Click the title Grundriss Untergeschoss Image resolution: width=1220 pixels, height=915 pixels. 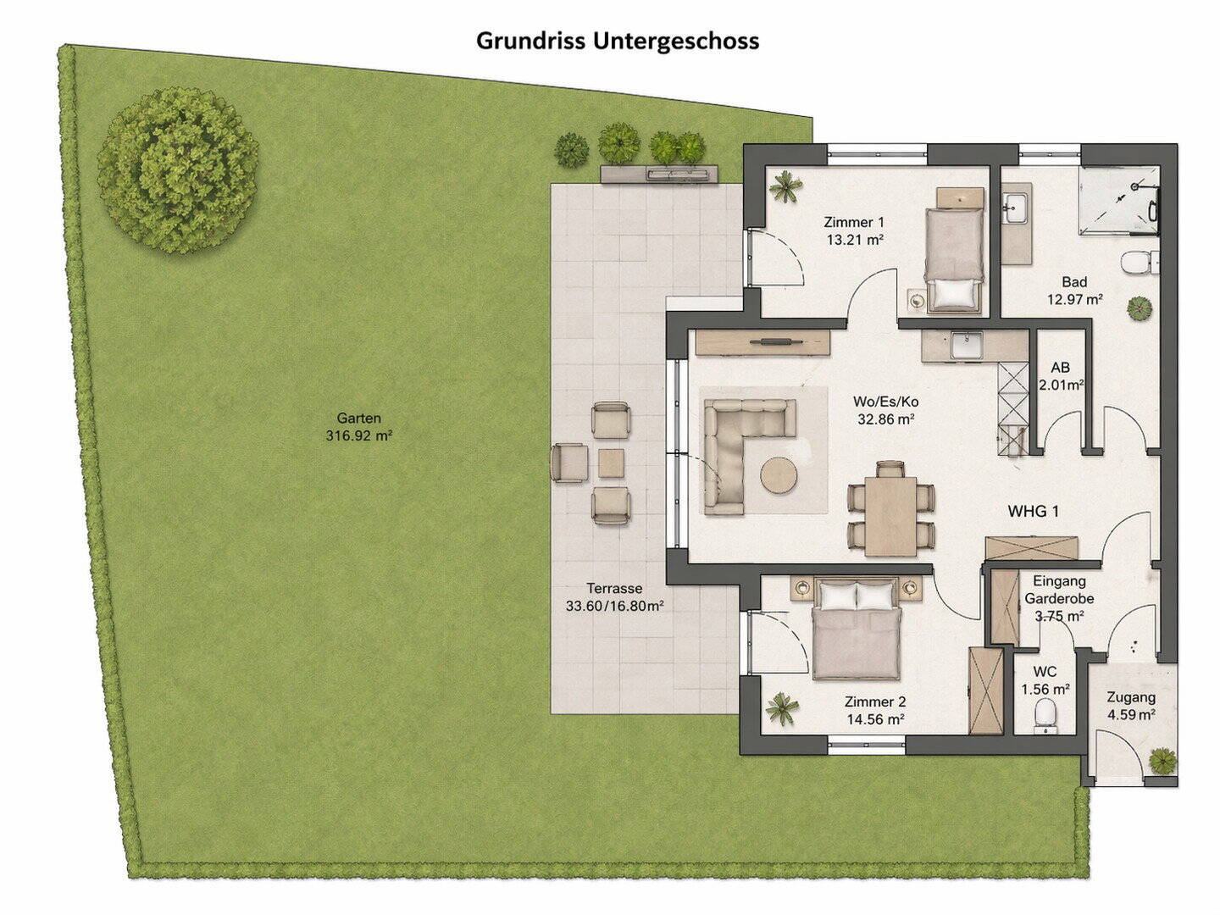(618, 42)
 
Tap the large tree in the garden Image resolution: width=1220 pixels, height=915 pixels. (178, 169)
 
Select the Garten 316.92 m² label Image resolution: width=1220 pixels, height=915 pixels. (359, 427)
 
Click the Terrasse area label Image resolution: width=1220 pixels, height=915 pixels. (615, 596)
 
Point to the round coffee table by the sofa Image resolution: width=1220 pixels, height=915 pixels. (779, 475)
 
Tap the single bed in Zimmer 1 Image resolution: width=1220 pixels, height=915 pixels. (953, 259)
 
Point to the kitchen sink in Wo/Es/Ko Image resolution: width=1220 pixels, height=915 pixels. (966, 345)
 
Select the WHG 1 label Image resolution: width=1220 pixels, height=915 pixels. (1033, 511)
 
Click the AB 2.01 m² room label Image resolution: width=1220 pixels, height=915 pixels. (1061, 375)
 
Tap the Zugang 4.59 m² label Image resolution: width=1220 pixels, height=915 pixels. (1131, 706)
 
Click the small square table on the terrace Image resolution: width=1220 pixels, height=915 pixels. (611, 463)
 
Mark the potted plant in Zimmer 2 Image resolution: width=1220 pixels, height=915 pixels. (782, 708)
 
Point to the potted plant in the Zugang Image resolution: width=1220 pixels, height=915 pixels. (1162, 761)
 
